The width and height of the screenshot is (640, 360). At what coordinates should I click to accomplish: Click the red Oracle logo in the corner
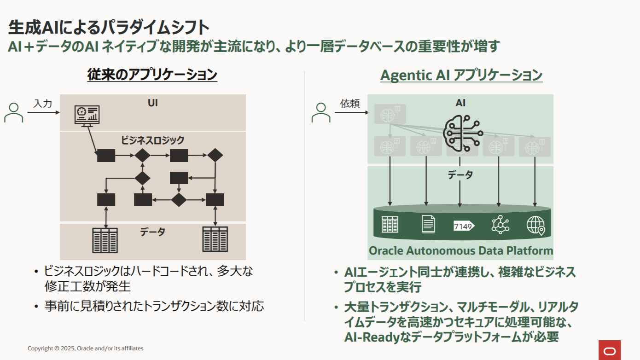609,350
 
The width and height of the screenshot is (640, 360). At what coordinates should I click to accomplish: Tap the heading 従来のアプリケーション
152,75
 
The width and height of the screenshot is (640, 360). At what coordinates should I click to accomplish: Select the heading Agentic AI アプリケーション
461,75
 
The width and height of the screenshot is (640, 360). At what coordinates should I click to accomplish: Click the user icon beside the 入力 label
14,112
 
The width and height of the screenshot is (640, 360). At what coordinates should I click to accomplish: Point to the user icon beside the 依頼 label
321,112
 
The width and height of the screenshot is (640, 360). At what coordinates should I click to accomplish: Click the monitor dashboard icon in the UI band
87,116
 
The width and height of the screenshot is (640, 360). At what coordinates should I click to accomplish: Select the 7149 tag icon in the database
464,226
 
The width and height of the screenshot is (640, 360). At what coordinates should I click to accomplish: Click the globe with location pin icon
535,226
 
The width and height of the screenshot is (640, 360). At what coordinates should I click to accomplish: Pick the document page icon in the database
428,224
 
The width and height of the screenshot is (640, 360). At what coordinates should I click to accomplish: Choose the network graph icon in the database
500,225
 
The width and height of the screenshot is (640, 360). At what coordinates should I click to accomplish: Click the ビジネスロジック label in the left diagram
153,140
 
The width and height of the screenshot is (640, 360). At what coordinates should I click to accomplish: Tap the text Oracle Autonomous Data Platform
461,251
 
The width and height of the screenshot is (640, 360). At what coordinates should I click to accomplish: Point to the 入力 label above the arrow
43,104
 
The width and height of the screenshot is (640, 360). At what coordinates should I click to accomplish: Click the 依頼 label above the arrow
350,104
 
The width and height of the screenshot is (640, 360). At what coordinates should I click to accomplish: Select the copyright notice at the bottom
85,348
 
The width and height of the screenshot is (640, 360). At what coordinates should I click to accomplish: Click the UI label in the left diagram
152,103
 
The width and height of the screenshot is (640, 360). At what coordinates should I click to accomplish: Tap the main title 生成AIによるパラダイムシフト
109,28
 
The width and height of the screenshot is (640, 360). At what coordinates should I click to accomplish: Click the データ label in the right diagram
460,174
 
